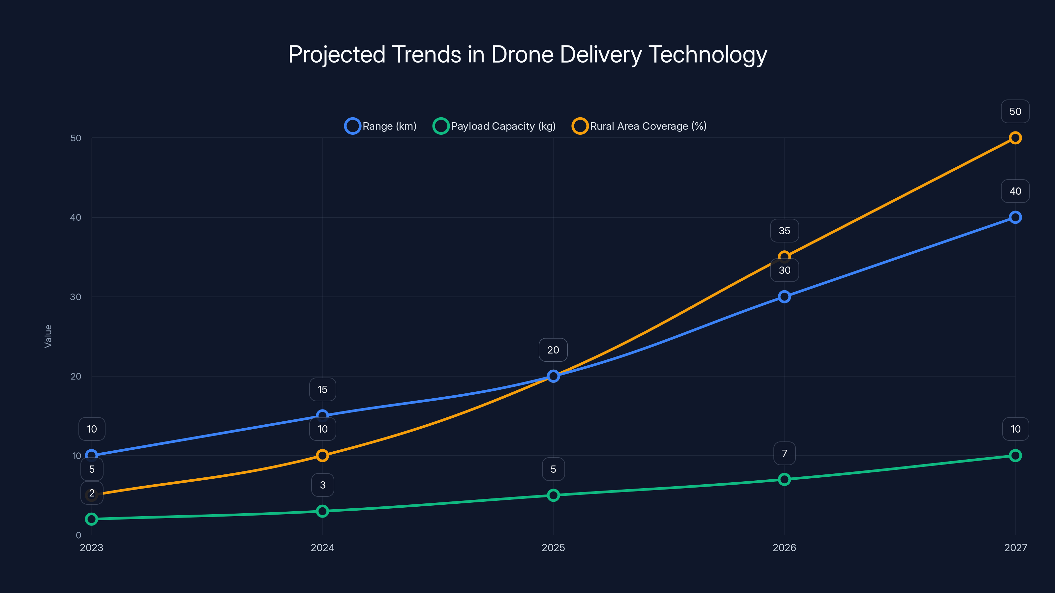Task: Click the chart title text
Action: [527, 54]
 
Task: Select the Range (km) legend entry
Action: [381, 126]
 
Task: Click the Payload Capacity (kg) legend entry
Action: [494, 126]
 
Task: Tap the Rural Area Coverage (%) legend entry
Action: [639, 126]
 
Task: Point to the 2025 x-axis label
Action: [553, 548]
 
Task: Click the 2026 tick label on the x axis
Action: [784, 548]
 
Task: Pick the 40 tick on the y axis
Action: [76, 217]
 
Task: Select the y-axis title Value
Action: [48, 336]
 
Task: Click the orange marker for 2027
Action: [1015, 138]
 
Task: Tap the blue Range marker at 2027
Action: [1015, 217]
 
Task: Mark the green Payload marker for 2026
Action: [784, 479]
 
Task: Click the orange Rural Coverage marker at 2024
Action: [322, 456]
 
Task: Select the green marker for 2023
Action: [91, 519]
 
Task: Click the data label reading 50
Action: [1015, 111]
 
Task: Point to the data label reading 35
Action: [784, 231]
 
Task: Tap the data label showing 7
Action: [784, 453]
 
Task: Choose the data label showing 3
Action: [322, 485]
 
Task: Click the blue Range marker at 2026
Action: [784, 297]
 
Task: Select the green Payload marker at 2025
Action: [553, 495]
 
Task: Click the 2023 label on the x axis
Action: [91, 548]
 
